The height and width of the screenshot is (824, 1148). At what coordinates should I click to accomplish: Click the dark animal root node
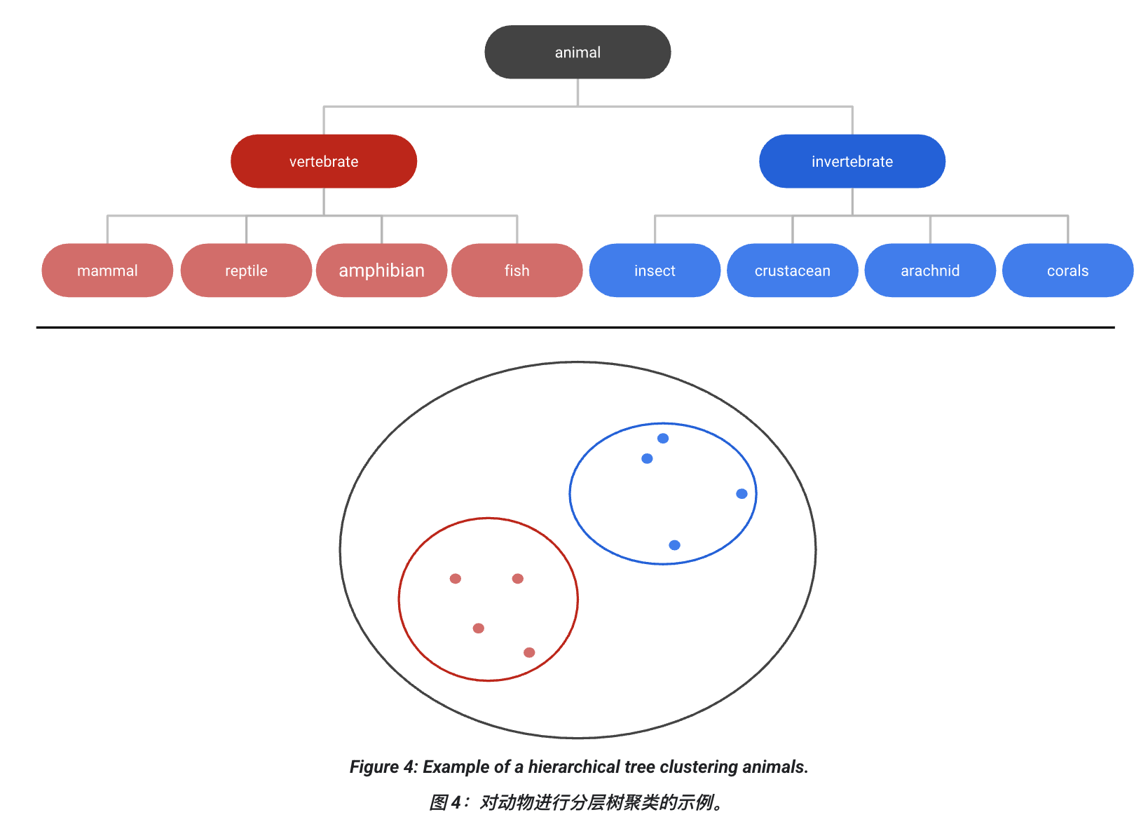578,53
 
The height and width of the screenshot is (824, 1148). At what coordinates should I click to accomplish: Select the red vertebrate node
324,161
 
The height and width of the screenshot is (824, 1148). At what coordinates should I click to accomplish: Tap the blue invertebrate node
852,161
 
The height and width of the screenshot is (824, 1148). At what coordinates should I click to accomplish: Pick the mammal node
107,270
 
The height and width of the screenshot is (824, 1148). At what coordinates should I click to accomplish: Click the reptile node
246,270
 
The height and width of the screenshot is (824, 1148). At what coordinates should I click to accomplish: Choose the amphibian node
382,270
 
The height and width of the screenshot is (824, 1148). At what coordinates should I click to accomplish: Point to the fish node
517,270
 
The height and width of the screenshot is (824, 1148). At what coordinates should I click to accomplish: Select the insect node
655,270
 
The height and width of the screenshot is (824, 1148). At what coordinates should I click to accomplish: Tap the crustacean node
793,270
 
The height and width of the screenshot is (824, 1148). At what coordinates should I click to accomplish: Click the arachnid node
930,270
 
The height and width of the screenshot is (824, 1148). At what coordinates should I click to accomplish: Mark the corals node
1067,270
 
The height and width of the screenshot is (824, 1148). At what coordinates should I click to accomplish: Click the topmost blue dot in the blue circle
663,439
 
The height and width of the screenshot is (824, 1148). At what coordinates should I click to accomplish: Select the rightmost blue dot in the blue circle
742,494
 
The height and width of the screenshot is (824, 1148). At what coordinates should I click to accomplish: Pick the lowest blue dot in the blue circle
674,545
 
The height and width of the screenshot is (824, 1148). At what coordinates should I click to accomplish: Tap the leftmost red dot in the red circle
456,579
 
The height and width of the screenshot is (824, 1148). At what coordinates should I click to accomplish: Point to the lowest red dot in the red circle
529,652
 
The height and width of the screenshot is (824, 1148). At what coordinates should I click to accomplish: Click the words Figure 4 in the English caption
383,767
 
